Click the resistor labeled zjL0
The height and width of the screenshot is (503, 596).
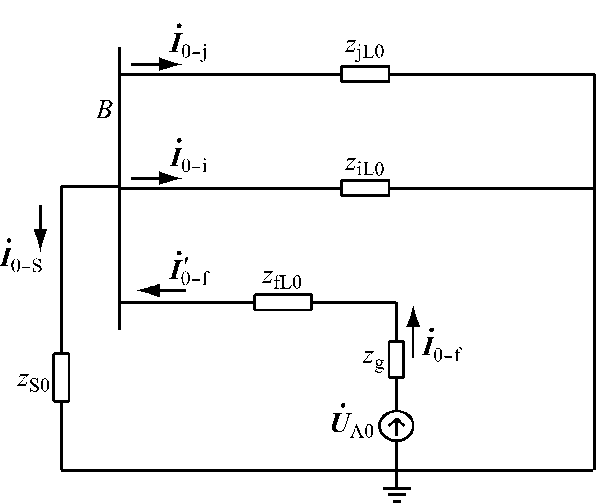(x=365, y=75)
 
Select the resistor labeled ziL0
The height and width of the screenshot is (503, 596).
(x=365, y=188)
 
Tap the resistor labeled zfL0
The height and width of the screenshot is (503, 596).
(x=283, y=302)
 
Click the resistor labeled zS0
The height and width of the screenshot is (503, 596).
(x=61, y=377)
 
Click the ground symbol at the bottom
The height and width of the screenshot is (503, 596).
(x=396, y=492)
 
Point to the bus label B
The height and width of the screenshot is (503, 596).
(x=104, y=111)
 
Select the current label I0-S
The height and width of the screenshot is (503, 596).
(x=22, y=257)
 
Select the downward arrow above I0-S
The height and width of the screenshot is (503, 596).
(x=40, y=228)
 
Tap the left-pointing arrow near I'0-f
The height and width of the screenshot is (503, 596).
(x=161, y=290)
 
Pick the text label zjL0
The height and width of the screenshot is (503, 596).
(x=365, y=49)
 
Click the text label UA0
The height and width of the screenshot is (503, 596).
(x=352, y=425)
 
